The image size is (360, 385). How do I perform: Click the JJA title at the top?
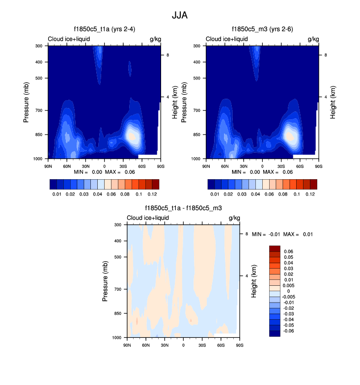(x=180, y=15)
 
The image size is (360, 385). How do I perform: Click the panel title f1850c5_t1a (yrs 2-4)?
(x=103, y=29)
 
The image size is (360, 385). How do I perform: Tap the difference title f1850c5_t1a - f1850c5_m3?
(x=183, y=208)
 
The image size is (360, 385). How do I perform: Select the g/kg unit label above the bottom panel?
(x=234, y=218)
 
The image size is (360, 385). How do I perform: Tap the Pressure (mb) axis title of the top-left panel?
(x=27, y=102)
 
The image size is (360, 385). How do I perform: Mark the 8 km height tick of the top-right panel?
(x=326, y=55)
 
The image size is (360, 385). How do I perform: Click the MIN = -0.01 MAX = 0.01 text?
(x=282, y=235)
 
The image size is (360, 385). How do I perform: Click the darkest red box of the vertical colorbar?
(x=275, y=249)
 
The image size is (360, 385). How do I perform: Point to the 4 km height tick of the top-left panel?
(x=168, y=97)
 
